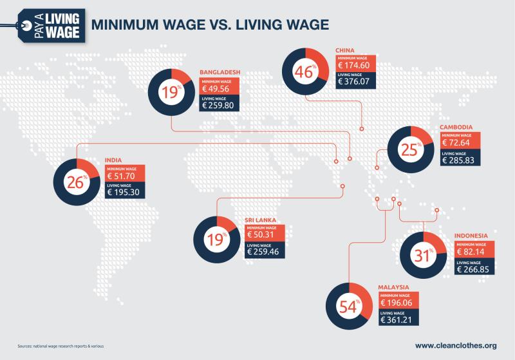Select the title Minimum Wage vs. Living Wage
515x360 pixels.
click(210, 25)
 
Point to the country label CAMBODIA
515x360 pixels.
click(457, 127)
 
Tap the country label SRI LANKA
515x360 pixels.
click(261, 220)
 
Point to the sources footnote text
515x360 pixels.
click(61, 346)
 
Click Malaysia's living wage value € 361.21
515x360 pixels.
click(400, 319)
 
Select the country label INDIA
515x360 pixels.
click(113, 160)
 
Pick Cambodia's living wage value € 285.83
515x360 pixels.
click(461, 160)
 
